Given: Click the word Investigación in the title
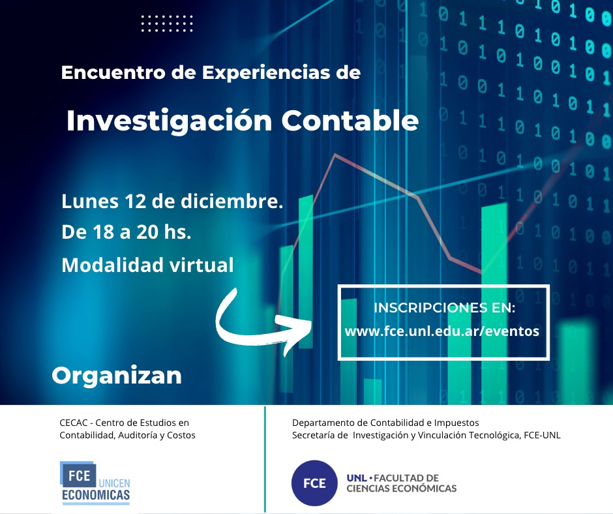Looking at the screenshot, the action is [169, 121].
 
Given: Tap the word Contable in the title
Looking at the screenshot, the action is [350, 120].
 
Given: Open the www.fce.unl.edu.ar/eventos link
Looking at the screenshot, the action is [441, 331].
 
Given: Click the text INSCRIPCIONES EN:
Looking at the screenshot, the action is [444, 308].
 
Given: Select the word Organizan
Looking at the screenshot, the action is [117, 376].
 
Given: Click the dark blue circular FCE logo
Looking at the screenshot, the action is [314, 483].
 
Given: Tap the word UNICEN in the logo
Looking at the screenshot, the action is [114, 483].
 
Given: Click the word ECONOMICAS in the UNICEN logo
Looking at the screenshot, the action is [96, 495].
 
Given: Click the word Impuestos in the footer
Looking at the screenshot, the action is [456, 423].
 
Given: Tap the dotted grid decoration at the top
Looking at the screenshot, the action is [167, 23].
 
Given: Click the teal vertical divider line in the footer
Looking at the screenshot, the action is [265, 459].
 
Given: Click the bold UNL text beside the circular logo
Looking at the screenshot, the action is [357, 478].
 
